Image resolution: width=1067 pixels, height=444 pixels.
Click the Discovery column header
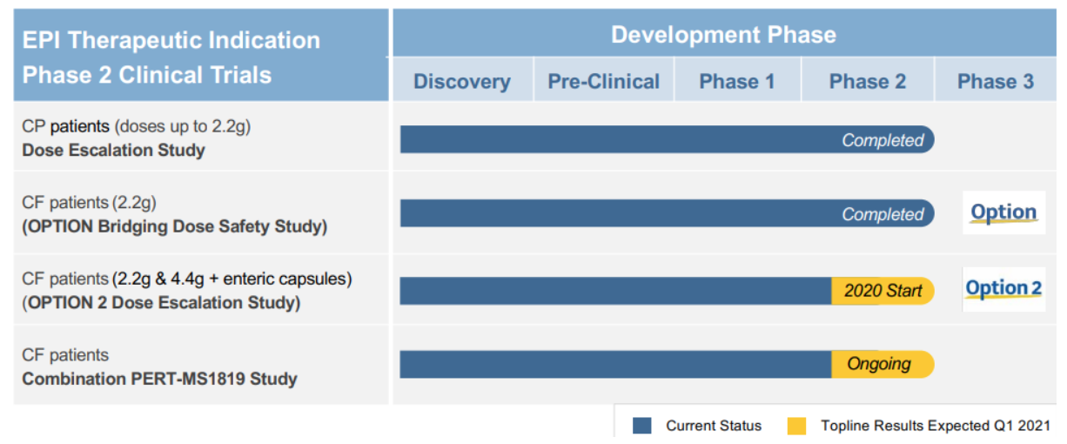coord(461,82)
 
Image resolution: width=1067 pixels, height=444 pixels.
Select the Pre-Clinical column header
coord(603,82)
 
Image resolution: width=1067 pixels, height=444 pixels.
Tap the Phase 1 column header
coord(736,82)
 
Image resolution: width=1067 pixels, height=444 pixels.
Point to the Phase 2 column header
coord(867,82)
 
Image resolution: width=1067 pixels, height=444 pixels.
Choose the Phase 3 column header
coord(996,82)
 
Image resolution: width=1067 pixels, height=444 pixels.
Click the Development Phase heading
coord(723,35)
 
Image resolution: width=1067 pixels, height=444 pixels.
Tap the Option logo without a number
coord(1003,212)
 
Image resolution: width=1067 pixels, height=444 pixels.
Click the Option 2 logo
coord(1003,289)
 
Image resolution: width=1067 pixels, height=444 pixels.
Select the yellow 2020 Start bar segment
coord(882,291)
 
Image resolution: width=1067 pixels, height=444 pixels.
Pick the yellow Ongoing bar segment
coord(881,364)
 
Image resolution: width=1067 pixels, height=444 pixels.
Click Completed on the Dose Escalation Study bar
coord(882,140)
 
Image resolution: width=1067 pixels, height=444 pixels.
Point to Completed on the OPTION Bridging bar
coord(882,214)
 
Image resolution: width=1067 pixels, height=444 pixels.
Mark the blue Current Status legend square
coord(642,426)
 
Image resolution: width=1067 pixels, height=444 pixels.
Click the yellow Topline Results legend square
coord(795,426)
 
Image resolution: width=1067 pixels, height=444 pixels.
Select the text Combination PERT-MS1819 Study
coord(159,379)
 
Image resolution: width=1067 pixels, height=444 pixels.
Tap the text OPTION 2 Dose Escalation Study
coord(161,303)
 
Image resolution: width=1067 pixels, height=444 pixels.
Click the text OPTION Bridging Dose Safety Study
coord(174,226)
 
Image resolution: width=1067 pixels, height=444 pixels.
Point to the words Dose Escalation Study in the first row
coord(113,150)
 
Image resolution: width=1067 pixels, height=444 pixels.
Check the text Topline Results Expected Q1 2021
coord(935,426)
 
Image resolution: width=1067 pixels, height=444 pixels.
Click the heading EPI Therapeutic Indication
coord(171,40)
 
